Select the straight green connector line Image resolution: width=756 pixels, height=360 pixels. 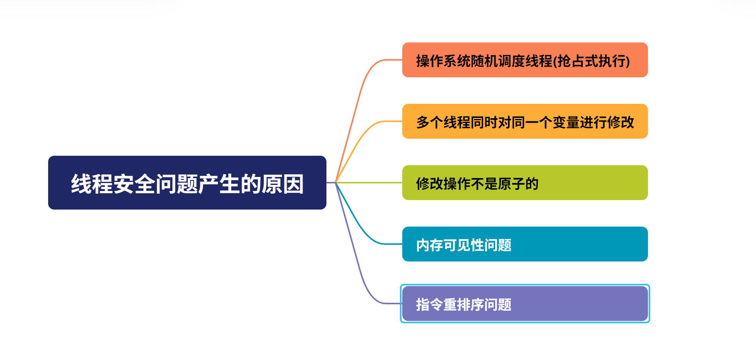point(370,183)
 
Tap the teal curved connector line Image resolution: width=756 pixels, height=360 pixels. point(360,227)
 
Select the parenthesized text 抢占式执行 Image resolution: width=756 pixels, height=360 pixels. point(591,61)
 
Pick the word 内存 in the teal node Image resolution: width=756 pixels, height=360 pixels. point(430,245)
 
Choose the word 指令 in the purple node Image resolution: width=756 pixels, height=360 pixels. point(430,305)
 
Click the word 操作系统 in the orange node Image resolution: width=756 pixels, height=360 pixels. point(443,61)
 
